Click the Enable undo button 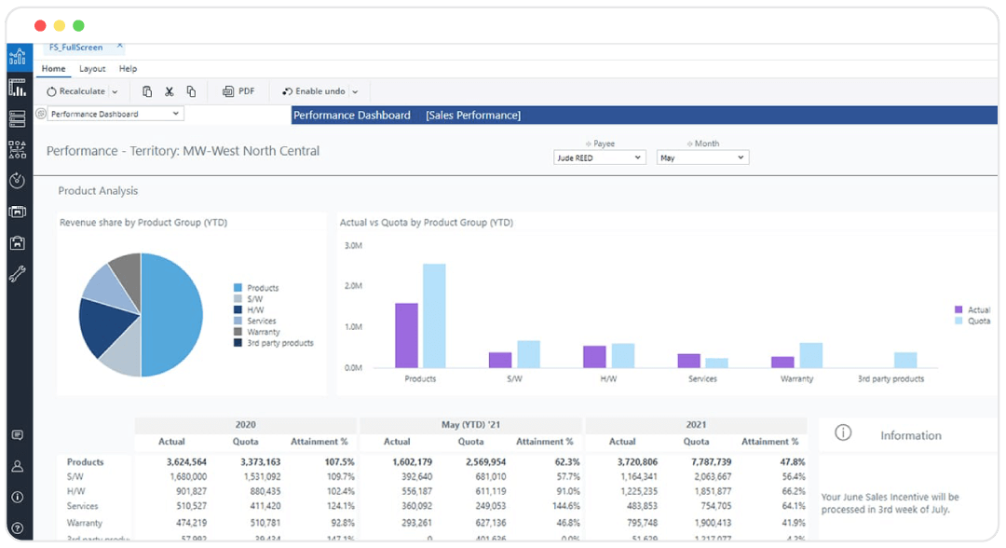pyautogui.click(x=314, y=91)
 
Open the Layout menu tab pyautogui.click(x=92, y=69)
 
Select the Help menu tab pyautogui.click(x=128, y=69)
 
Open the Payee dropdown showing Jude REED pyautogui.click(x=599, y=158)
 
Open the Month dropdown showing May pyautogui.click(x=701, y=158)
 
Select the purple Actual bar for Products pyautogui.click(x=406, y=336)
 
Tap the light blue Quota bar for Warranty pyautogui.click(x=811, y=355)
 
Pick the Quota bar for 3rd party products pyautogui.click(x=905, y=360)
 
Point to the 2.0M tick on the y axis pyautogui.click(x=353, y=286)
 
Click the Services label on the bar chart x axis pyautogui.click(x=702, y=379)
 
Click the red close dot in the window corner pyautogui.click(x=40, y=25)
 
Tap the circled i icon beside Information pyautogui.click(x=843, y=433)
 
